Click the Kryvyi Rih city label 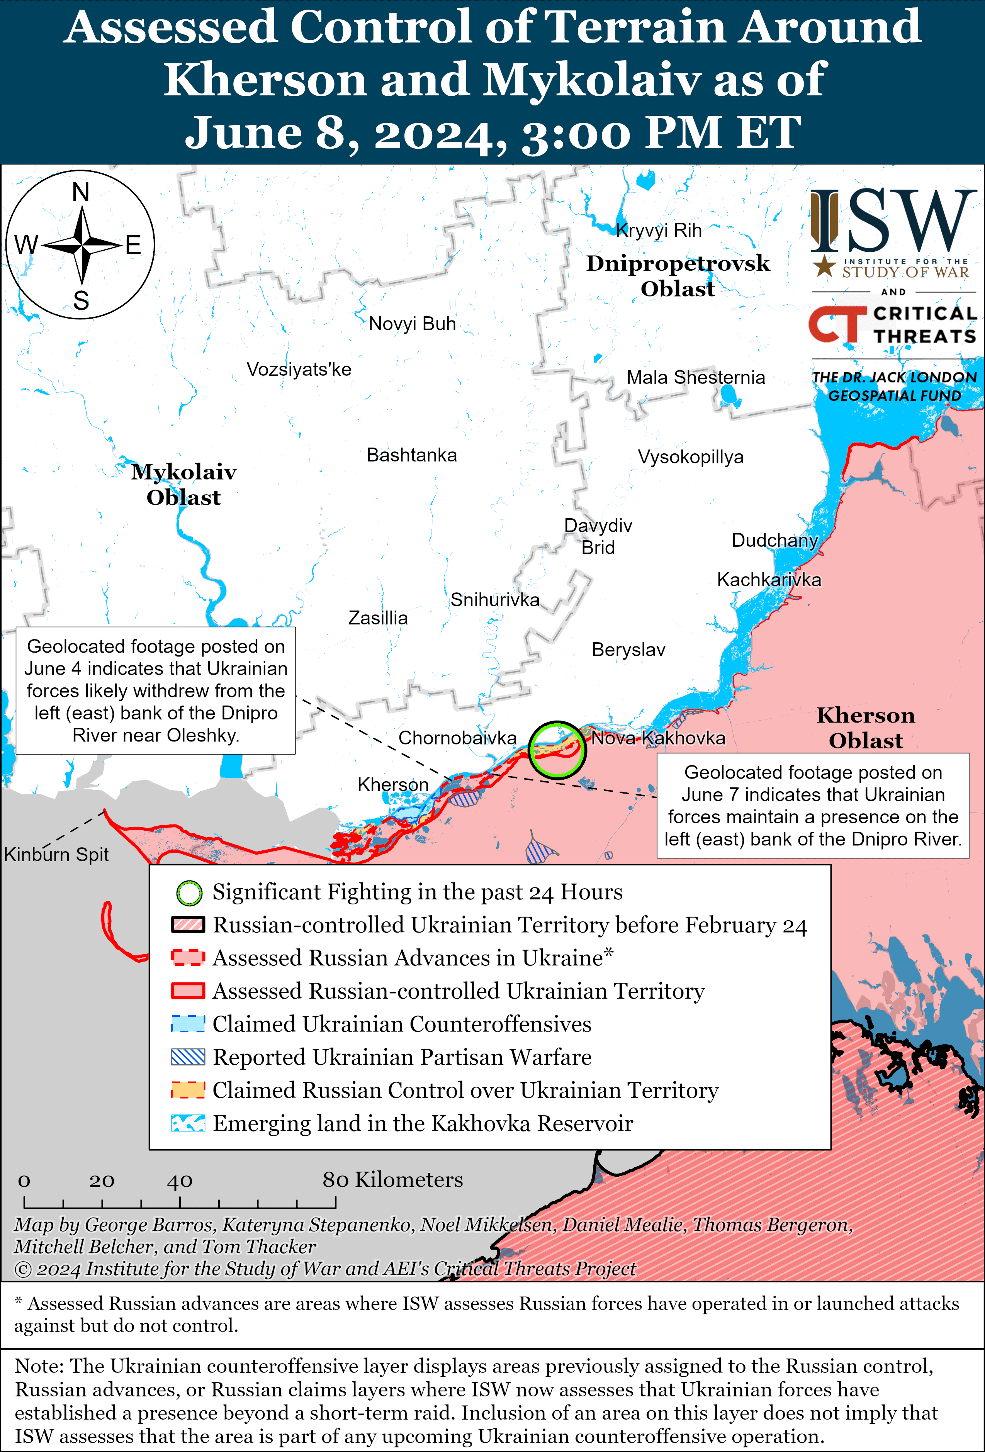pos(659,231)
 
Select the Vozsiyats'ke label pos(299,369)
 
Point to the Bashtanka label pos(411,455)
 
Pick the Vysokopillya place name pos(690,457)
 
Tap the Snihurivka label pos(494,600)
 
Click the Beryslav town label pos(628,650)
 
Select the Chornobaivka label pos(457,738)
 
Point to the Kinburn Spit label pos(56,854)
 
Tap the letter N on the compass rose pos(81,192)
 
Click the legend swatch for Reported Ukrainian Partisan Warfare pos(187,1057)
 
